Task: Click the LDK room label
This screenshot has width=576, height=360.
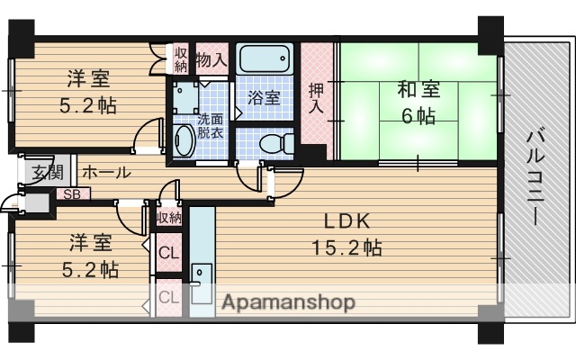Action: point(343,222)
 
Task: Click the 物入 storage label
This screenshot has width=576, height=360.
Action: point(211,60)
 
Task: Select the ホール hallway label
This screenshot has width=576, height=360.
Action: point(106,172)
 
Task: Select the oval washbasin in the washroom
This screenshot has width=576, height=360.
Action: point(184,141)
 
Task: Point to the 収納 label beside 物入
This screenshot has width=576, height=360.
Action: point(181,58)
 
